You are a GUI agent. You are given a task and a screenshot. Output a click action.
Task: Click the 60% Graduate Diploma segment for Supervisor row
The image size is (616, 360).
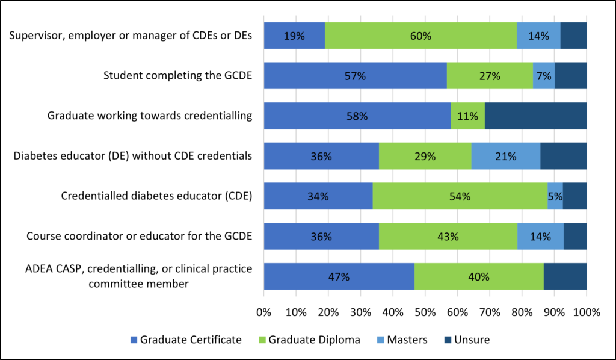click(x=420, y=36)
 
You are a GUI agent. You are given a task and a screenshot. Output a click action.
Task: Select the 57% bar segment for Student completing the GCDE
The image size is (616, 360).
click(x=355, y=76)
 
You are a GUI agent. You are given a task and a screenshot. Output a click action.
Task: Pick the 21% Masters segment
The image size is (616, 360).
click(x=505, y=156)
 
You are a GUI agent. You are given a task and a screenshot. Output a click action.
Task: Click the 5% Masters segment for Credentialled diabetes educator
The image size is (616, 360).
click(x=555, y=196)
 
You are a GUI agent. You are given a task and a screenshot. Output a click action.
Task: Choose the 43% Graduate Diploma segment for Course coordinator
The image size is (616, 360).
click(x=448, y=237)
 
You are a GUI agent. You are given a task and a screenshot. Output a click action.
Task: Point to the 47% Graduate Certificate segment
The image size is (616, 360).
click(x=339, y=277)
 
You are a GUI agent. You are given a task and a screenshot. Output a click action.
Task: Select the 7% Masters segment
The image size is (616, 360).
click(x=544, y=76)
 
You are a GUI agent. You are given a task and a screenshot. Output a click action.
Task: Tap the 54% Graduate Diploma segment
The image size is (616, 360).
click(x=460, y=196)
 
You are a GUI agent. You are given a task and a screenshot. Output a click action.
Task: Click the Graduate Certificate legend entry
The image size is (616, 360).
click(x=186, y=340)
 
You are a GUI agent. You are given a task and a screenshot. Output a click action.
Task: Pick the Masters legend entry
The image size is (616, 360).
click(x=401, y=340)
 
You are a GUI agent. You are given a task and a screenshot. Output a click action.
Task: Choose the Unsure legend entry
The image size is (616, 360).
click(x=467, y=340)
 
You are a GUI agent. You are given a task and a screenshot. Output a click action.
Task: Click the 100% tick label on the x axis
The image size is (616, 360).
click(x=587, y=312)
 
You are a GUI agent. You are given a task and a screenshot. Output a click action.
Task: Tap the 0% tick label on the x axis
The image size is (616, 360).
click(x=264, y=312)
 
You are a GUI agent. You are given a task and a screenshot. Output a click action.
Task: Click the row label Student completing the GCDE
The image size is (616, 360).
click(x=177, y=76)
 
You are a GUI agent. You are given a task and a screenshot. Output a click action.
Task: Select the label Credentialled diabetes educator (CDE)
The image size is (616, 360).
click(x=156, y=196)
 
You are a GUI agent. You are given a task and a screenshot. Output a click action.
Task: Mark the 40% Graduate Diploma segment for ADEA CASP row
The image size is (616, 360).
click(x=479, y=277)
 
